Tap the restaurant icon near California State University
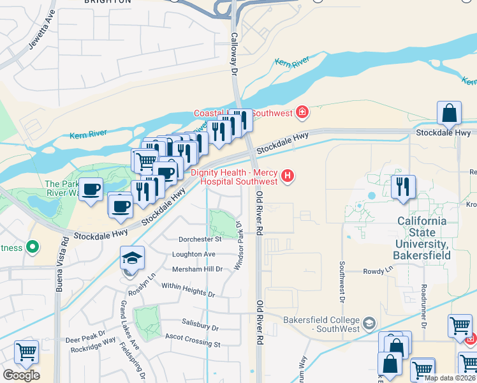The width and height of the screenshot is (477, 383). tap(403, 187)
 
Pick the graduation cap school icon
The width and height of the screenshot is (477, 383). tap(132, 258)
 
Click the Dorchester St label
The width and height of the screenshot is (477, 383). tap(200, 239)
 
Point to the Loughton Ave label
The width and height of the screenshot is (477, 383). tap(194, 254)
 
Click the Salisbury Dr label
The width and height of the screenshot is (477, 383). tap(200, 326)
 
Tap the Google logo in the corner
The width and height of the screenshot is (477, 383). tap(21, 375)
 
